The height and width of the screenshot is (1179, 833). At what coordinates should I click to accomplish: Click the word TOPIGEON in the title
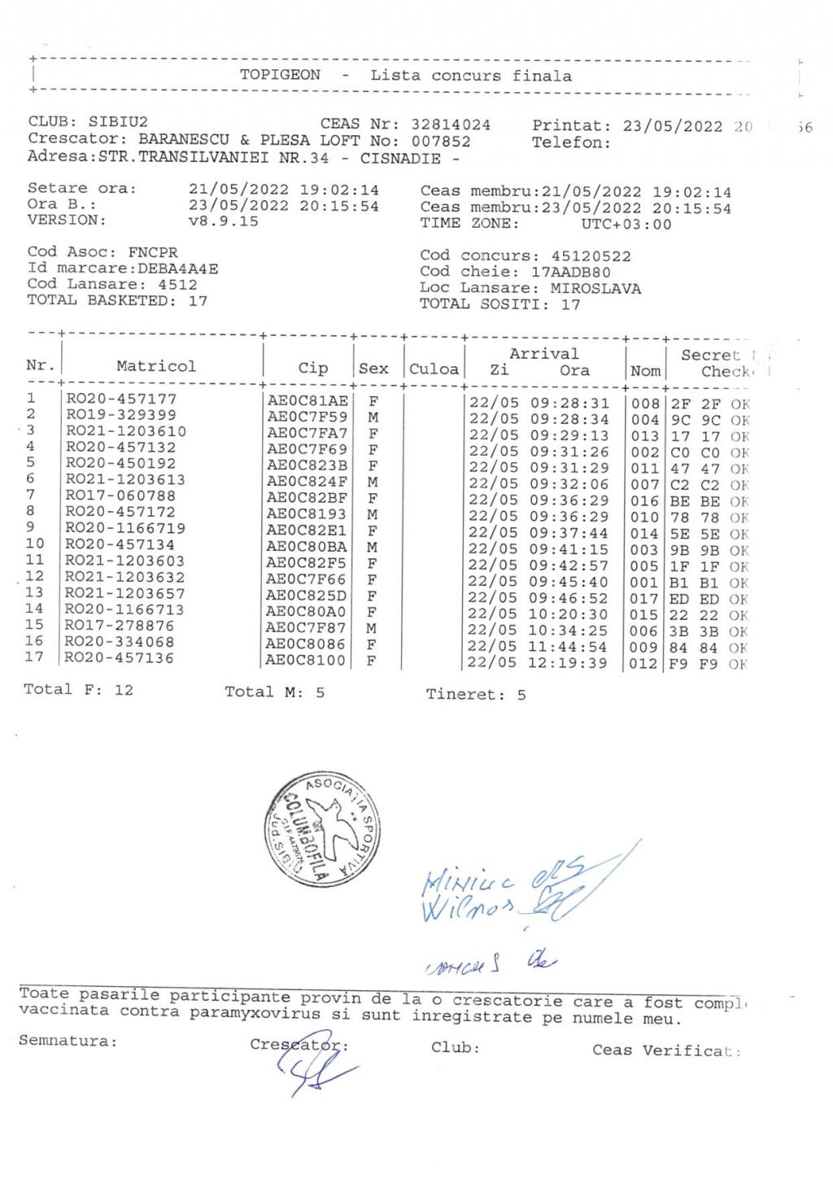point(280,75)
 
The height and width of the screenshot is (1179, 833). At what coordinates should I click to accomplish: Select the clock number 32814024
point(451,124)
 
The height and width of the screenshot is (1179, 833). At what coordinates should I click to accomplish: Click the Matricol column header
point(156,366)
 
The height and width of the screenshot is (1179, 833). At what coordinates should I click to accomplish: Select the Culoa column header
point(434,369)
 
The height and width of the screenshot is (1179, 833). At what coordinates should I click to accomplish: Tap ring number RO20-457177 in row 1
point(121,399)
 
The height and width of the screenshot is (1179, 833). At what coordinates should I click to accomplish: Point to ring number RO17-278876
point(120,625)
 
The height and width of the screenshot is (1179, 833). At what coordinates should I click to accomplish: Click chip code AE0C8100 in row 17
point(307,661)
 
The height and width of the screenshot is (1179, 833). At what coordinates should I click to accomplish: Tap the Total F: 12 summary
point(78,689)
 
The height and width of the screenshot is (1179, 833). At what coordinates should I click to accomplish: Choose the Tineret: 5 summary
point(475,694)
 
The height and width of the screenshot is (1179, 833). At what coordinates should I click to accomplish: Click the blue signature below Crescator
point(309,1072)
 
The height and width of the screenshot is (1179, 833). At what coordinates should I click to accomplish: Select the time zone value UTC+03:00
point(626,224)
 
